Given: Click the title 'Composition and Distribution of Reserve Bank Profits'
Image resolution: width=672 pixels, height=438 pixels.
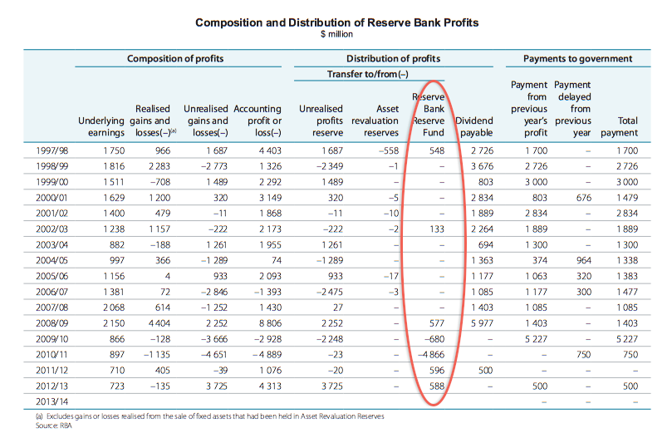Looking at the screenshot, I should (336, 22).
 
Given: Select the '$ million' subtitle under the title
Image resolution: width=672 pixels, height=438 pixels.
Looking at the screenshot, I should (336, 35).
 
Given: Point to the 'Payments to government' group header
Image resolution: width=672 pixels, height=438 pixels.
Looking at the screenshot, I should (577, 59).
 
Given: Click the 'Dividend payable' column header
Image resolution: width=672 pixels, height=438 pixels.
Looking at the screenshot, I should (475, 126).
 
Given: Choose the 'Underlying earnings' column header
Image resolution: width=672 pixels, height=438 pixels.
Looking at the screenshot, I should (101, 126).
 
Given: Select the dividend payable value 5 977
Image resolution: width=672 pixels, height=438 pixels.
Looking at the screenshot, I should (478, 322).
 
